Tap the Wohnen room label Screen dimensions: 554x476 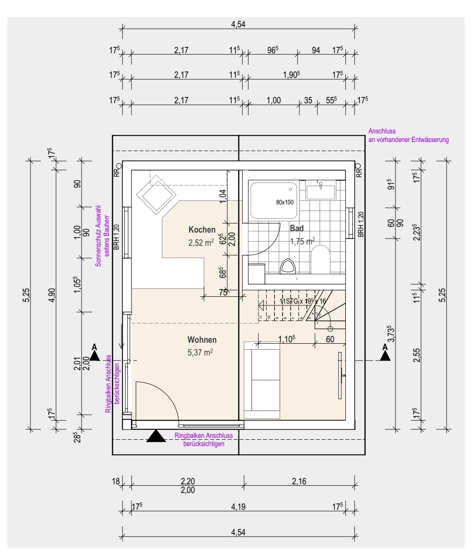tap(202, 340)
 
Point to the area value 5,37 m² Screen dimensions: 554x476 tap(200, 352)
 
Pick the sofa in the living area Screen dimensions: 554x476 tap(263, 380)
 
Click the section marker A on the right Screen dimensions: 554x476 tap(385, 353)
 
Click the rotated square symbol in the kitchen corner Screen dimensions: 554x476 tap(157, 195)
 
